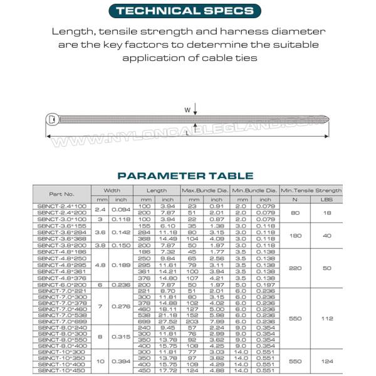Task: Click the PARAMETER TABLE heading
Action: (185, 176)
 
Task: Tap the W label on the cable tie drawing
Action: (187, 110)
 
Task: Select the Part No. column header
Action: (61, 194)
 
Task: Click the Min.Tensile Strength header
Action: (311, 190)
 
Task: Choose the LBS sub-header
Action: (327, 199)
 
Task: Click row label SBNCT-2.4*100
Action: (61, 206)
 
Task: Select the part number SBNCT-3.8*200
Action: (61, 246)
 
